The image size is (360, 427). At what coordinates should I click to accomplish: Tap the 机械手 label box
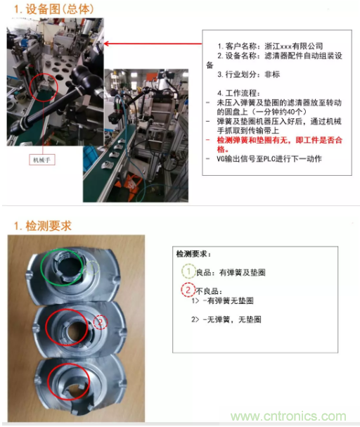click(x=42, y=160)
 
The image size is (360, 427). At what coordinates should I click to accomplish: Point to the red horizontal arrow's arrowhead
click(x=106, y=44)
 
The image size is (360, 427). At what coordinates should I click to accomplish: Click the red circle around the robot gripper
click(x=44, y=75)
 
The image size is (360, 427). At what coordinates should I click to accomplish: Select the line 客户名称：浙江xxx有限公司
click(x=270, y=46)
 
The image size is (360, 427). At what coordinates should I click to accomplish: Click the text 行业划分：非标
click(x=248, y=75)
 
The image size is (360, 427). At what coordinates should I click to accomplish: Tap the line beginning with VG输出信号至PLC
click(x=269, y=159)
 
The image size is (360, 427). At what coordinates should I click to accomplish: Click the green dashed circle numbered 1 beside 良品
click(x=188, y=271)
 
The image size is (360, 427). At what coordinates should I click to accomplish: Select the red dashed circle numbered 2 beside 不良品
click(x=188, y=290)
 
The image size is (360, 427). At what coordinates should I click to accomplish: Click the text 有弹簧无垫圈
click(x=230, y=300)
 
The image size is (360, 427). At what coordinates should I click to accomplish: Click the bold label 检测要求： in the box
click(x=193, y=254)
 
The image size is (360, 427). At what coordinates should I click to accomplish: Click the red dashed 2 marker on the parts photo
click(x=101, y=322)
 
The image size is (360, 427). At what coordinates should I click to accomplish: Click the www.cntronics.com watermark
click(x=288, y=416)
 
